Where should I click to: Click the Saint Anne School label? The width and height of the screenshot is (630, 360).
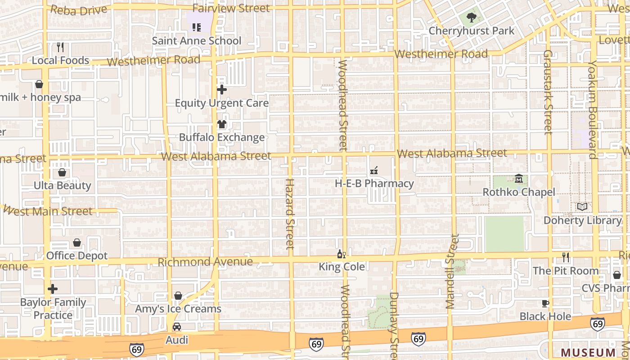[197, 40]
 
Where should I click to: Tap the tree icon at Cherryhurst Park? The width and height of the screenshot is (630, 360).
[471, 18]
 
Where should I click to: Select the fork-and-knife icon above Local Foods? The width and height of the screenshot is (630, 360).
[60, 47]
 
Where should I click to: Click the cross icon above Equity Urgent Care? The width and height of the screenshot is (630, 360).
[221, 90]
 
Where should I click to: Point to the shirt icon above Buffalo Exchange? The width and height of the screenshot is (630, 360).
[221, 125]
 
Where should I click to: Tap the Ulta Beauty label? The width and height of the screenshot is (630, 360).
[63, 185]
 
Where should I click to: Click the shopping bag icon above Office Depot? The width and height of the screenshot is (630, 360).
[77, 243]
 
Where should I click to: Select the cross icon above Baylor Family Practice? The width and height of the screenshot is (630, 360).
[53, 289]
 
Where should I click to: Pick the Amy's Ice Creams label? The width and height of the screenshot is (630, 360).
[178, 309]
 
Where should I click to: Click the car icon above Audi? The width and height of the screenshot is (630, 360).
[177, 327]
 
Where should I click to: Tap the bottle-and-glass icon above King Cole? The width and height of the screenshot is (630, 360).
[342, 254]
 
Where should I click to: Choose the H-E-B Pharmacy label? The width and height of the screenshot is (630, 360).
[374, 184]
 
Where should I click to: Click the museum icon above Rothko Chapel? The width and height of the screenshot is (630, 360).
[519, 180]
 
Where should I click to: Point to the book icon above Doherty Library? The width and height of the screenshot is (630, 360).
[582, 207]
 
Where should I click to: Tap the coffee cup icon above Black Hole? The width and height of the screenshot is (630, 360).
[545, 304]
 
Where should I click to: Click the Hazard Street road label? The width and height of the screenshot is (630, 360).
[290, 214]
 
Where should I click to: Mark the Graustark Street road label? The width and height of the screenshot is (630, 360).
[548, 92]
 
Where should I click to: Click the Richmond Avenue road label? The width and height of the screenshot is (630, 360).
[205, 262]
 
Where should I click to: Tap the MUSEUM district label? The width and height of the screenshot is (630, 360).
[588, 352]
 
